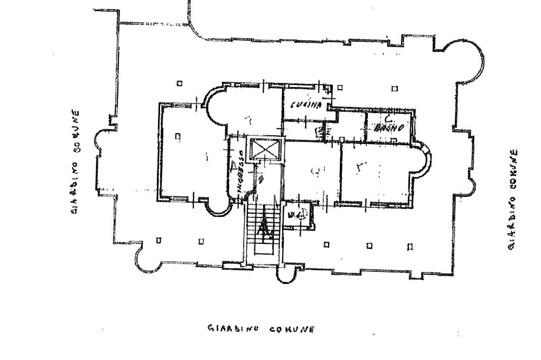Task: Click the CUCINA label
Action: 306,106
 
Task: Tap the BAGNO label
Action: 389,127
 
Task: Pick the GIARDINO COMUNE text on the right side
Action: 514,200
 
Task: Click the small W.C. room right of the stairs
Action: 298,215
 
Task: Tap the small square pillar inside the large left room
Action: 178,136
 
